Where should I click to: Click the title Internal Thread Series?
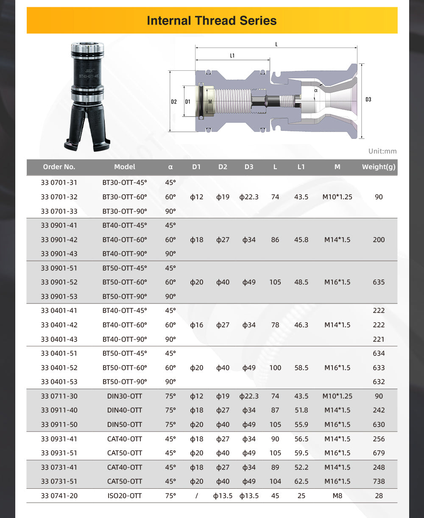click(212, 20)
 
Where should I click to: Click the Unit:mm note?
click(382, 151)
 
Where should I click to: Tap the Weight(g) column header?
click(379, 167)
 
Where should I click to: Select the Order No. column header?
click(59, 167)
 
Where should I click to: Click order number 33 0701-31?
click(59, 183)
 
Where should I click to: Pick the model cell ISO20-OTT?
click(125, 496)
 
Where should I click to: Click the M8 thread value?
click(337, 496)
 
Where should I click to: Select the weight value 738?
click(379, 482)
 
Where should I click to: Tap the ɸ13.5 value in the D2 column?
click(223, 496)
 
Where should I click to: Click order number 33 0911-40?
click(59, 410)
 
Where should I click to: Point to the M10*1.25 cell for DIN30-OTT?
click(337, 396)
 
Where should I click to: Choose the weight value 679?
click(379, 453)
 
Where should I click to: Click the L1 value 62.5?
click(301, 482)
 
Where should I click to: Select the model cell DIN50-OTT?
click(125, 424)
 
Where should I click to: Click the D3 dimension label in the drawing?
click(368, 100)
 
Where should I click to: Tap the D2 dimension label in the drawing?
click(174, 102)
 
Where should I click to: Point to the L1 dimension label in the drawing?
click(232, 56)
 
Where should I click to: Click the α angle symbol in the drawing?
click(316, 90)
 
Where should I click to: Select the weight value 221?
click(379, 339)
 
